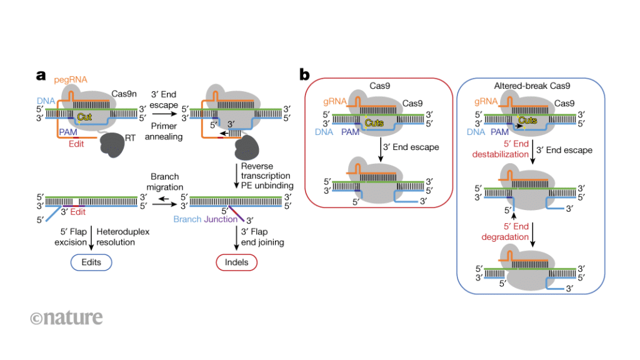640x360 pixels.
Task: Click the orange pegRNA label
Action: [x=69, y=79]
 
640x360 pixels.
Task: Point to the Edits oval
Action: [x=91, y=262]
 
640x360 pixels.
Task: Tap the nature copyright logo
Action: [x=66, y=317]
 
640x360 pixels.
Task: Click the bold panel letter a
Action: [x=41, y=76]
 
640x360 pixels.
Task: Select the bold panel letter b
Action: [x=304, y=76]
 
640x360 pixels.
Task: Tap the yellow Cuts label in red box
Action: [x=373, y=123]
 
